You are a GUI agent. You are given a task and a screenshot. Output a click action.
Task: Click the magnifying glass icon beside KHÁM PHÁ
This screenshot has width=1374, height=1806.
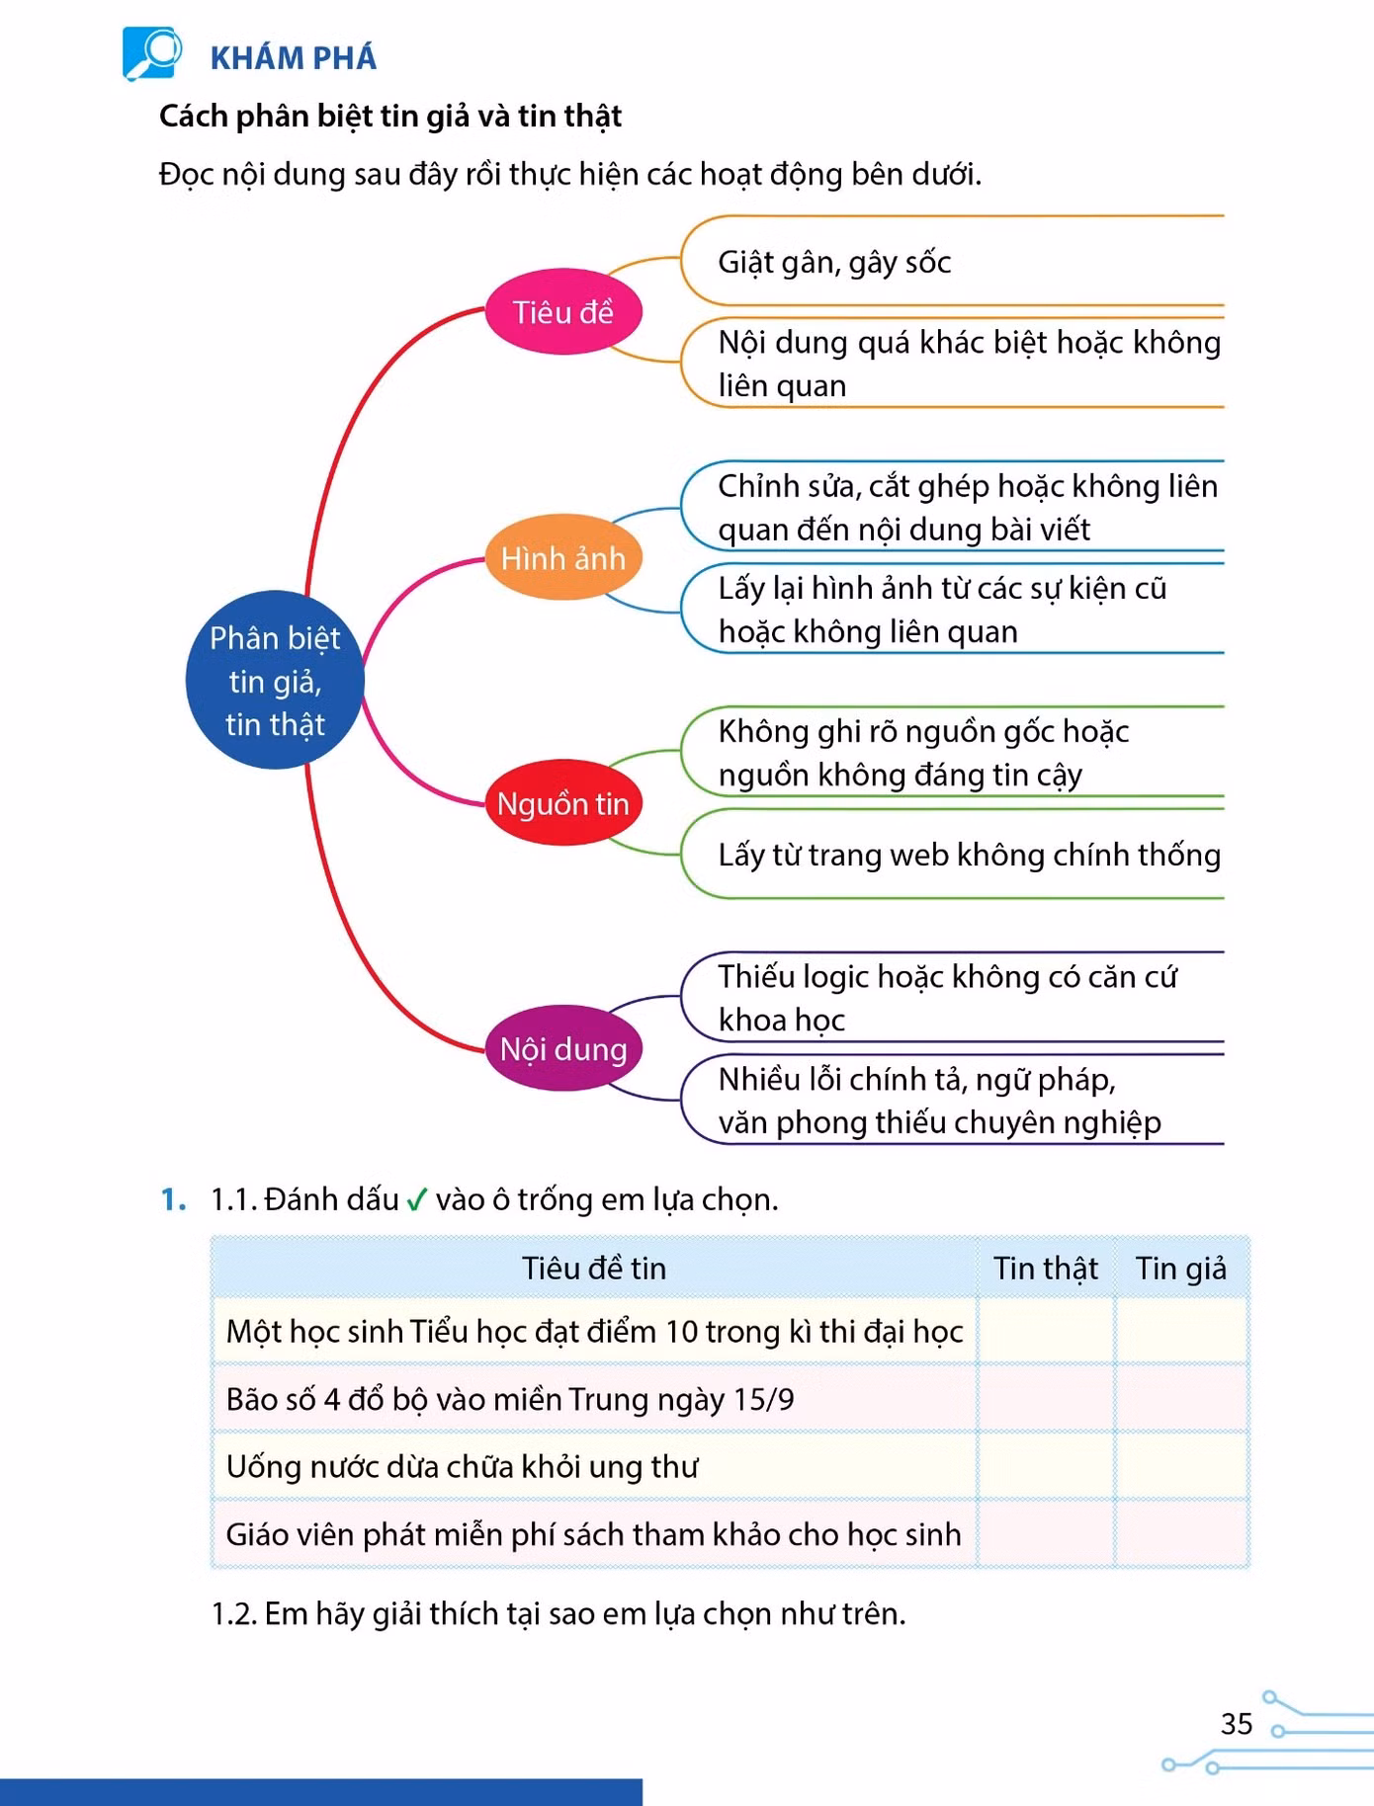tap(152, 52)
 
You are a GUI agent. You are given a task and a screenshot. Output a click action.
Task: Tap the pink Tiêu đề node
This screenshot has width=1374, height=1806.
tap(563, 312)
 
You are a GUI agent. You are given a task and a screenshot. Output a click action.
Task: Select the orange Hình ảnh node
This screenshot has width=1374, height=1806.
tap(563, 558)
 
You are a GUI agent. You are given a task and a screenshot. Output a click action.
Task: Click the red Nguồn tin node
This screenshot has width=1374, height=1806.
tap(563, 803)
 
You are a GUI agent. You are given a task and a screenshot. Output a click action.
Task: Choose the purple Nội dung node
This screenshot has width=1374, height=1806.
tap(563, 1048)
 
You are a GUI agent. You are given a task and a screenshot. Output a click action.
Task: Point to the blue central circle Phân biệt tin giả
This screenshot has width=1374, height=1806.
tap(275, 680)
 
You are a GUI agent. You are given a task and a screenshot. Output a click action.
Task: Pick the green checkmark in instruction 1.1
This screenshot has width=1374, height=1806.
tap(416, 1199)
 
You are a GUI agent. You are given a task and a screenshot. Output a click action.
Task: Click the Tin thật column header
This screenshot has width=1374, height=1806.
tap(1046, 1268)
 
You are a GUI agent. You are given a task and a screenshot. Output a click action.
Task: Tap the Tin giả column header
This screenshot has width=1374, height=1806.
tap(1181, 1268)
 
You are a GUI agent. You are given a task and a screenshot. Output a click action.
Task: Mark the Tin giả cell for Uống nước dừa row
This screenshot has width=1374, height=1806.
tap(1182, 1466)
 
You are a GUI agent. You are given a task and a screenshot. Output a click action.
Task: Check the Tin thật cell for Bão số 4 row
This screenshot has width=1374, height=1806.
tap(1046, 1399)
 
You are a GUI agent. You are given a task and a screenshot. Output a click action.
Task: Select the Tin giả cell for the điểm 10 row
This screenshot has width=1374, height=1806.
tap(1182, 1331)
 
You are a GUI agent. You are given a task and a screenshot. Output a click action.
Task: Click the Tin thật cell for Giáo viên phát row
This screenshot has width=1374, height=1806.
tap(1046, 1533)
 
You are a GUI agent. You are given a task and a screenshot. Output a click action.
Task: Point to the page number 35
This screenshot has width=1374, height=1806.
tap(1237, 1724)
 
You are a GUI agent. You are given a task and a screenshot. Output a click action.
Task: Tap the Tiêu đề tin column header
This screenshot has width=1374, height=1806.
tap(594, 1268)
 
